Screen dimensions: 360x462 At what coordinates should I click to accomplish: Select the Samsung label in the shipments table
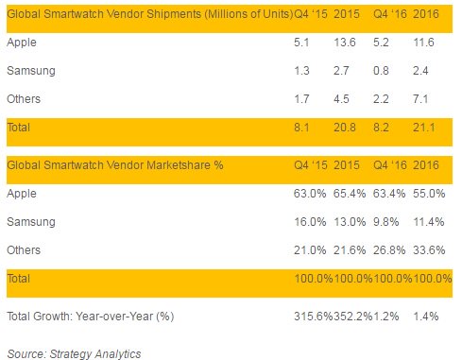[x=29, y=70]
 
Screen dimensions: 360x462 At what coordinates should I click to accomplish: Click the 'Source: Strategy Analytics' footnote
[x=74, y=353]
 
